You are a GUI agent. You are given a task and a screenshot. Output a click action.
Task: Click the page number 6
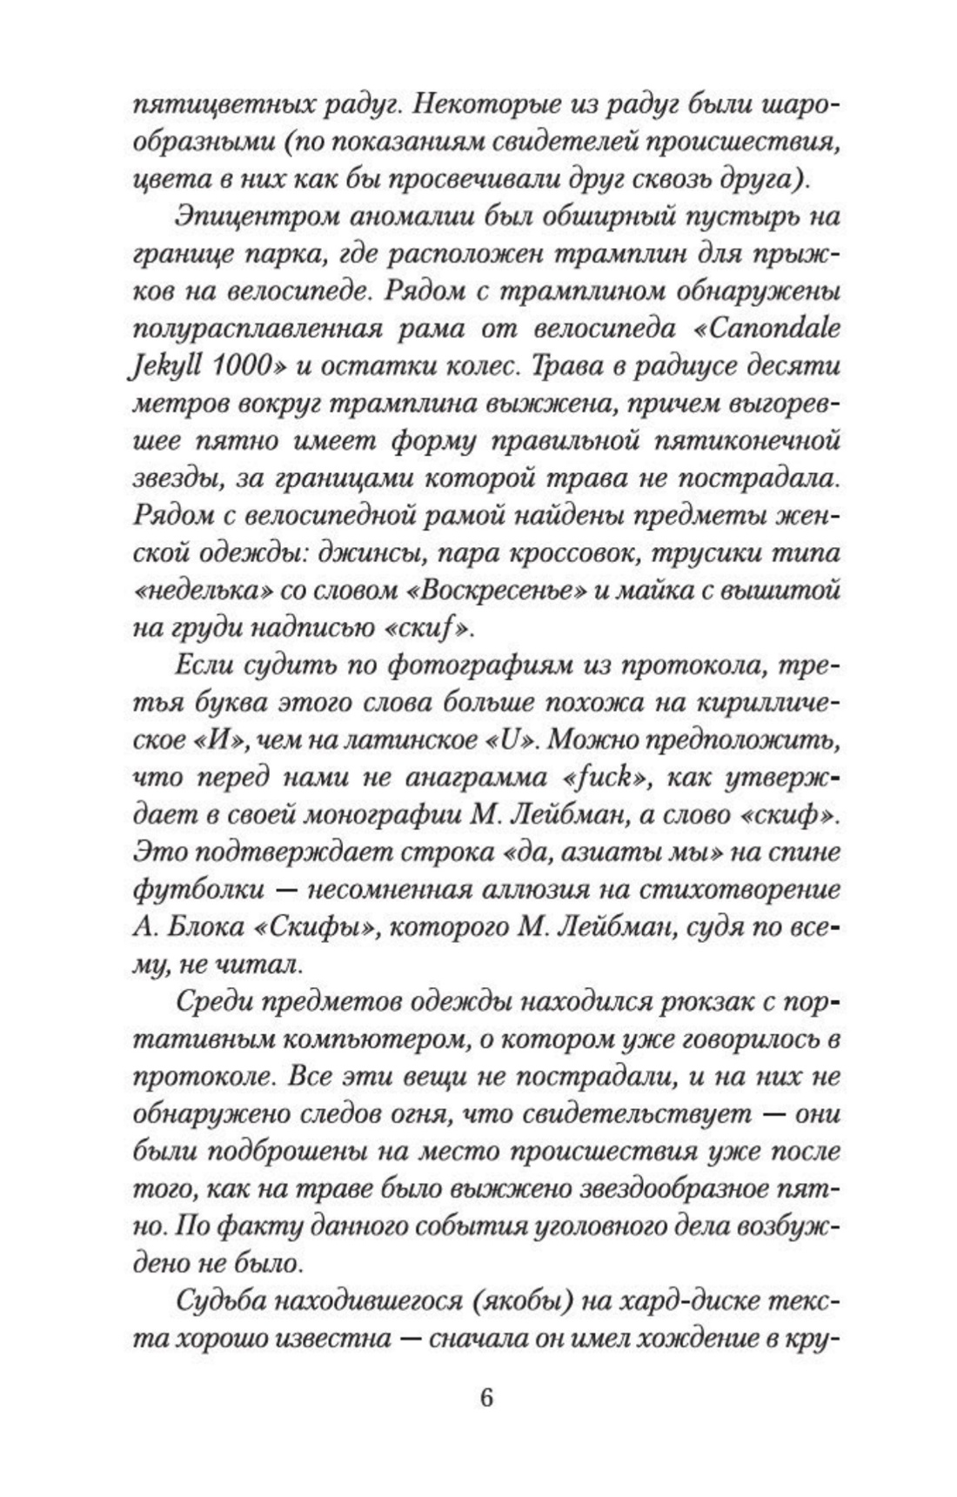point(485,1398)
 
